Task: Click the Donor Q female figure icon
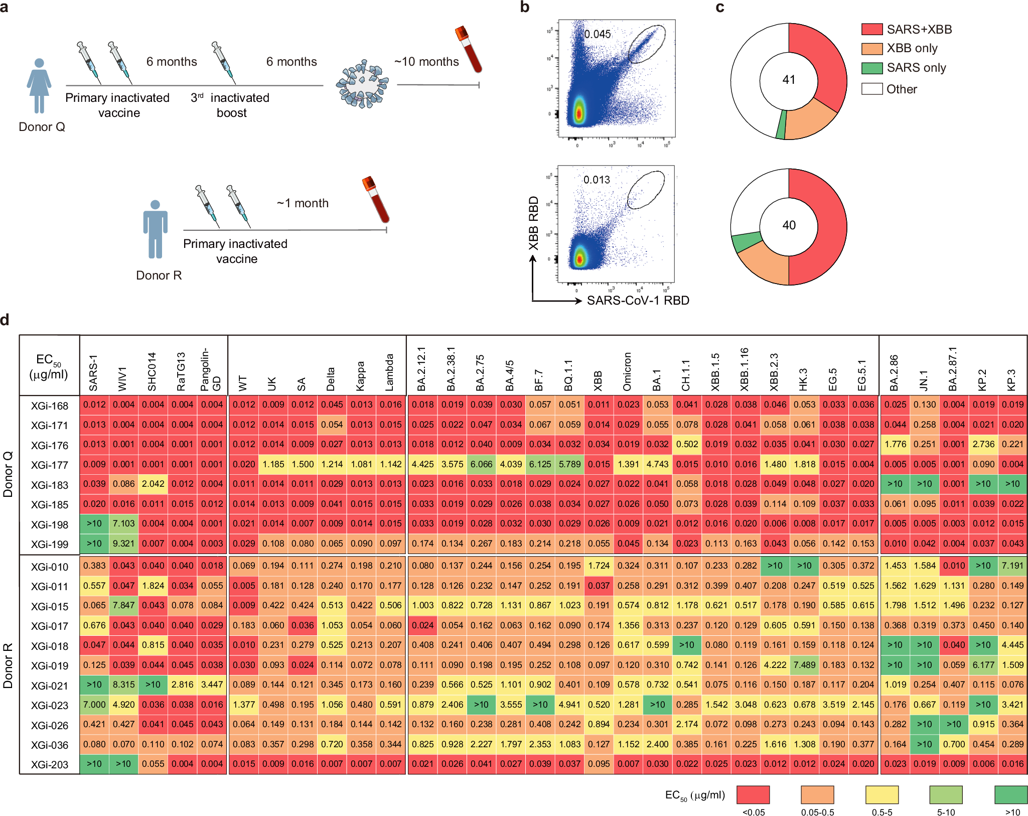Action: pos(39,85)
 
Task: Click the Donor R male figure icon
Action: pos(155,230)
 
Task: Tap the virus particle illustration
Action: pos(362,84)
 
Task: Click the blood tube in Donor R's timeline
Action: pos(376,200)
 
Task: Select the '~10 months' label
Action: pos(426,62)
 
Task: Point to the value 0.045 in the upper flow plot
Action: pos(597,34)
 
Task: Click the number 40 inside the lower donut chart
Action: pos(789,225)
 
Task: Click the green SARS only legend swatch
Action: pos(872,68)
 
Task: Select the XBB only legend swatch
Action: pos(872,49)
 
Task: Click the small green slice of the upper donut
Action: pos(781,125)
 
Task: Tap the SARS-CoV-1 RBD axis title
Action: pos(638,301)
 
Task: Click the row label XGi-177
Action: pos(49,465)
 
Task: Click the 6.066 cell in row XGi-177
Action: pos(481,464)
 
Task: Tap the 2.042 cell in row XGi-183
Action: pos(153,484)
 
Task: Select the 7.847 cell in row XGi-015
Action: pos(123,605)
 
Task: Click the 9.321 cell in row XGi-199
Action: pos(123,543)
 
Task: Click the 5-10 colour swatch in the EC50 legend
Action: pos(946,795)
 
